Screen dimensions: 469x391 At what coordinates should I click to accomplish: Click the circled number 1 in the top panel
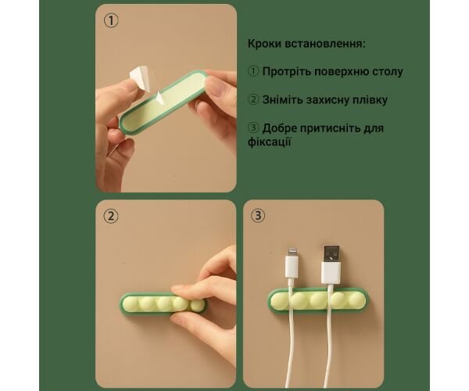click(x=111, y=21)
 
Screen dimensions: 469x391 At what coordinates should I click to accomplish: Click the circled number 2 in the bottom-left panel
click(x=111, y=216)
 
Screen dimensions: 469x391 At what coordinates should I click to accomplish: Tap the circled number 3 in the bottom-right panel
click(x=258, y=215)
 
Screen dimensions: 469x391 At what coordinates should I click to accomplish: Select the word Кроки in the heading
click(x=264, y=44)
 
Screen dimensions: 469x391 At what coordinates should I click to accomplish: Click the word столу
click(x=388, y=72)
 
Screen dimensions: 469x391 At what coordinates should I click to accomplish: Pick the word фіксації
click(x=269, y=142)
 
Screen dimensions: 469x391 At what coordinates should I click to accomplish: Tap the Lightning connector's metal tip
click(x=292, y=252)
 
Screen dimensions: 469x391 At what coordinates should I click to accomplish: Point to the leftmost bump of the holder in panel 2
click(x=131, y=303)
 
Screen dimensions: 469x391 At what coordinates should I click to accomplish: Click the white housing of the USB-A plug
click(x=331, y=273)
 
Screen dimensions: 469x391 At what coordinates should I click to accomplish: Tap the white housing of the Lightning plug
click(x=291, y=266)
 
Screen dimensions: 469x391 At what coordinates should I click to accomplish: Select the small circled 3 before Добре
click(x=253, y=127)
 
